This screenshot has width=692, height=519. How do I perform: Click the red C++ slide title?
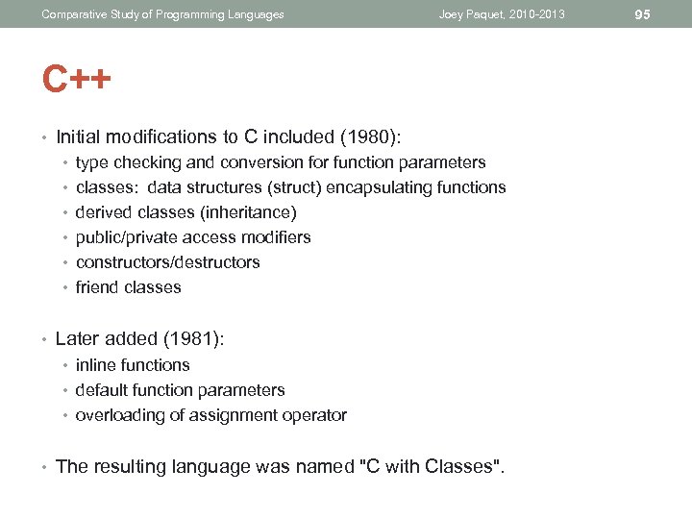[77, 79]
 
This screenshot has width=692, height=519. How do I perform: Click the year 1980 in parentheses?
[379, 136]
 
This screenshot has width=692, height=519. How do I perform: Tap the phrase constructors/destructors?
[167, 262]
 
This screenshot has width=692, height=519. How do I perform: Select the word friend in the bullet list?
[95, 287]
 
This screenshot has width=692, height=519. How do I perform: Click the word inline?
[94, 365]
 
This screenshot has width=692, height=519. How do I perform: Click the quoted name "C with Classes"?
[430, 467]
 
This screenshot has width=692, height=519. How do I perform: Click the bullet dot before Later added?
[45, 339]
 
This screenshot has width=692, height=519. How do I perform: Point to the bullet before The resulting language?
[45, 468]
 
